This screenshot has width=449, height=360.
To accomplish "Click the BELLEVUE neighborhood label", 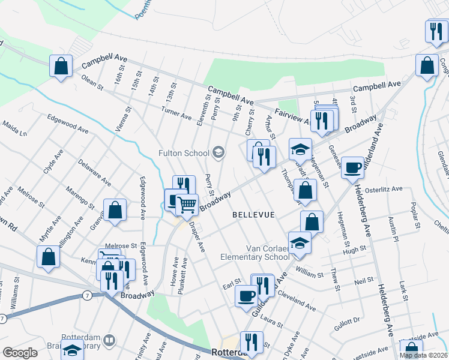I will pos(253,215).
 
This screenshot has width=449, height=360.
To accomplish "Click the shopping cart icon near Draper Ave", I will pos(187,205).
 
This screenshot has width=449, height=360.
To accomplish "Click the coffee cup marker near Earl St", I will pos(246,296).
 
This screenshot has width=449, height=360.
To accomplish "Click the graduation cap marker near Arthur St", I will pos(300,149).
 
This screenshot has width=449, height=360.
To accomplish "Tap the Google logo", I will pos(20,353).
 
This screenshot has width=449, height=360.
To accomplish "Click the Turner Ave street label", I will pos(176,112).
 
